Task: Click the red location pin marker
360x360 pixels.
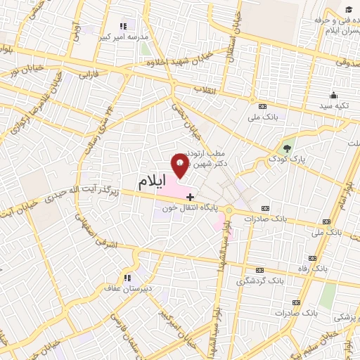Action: (180, 165)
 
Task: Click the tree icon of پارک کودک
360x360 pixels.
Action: (287, 148)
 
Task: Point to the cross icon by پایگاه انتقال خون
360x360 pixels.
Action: (190, 197)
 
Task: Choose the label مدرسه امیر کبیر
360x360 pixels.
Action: (124, 37)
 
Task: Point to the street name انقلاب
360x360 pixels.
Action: (206, 89)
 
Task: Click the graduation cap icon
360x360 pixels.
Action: (349, 8)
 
